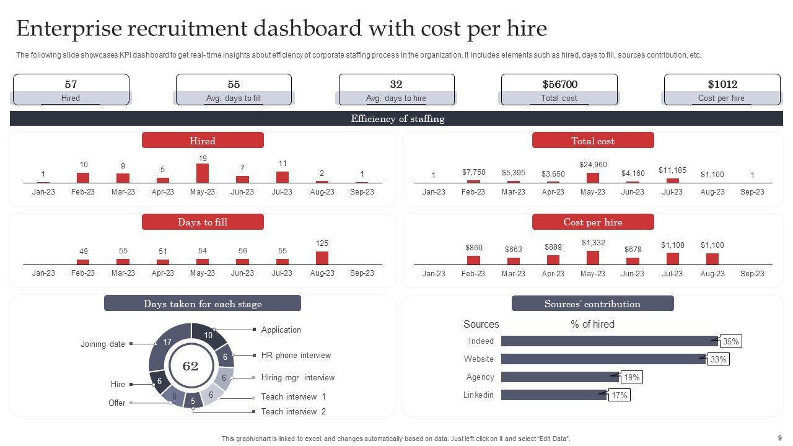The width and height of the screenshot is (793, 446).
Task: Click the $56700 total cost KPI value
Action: (559, 84)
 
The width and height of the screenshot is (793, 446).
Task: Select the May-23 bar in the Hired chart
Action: (203, 173)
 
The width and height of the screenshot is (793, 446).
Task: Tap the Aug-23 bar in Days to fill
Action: (322, 258)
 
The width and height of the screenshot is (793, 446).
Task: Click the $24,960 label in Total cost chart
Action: (593, 164)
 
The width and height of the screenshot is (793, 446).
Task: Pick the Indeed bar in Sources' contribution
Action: (609, 341)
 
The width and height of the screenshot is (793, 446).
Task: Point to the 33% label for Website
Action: (718, 359)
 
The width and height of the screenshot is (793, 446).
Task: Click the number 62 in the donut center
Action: (190, 366)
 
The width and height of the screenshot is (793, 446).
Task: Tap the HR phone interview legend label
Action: (296, 355)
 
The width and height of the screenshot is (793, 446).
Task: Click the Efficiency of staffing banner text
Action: (397, 119)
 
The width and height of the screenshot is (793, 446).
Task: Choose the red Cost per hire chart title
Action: (593, 222)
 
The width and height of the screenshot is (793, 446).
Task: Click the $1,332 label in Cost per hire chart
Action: (593, 243)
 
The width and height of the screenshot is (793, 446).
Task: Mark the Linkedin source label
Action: (478, 395)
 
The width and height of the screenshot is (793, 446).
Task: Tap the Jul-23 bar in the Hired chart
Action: (283, 177)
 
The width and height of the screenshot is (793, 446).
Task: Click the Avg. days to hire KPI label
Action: (396, 98)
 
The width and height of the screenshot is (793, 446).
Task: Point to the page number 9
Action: (780, 438)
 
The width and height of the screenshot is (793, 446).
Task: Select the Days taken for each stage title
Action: (203, 304)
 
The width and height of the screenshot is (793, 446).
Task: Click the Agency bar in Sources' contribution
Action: (559, 377)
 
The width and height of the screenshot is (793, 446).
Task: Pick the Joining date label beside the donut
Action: (103, 344)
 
